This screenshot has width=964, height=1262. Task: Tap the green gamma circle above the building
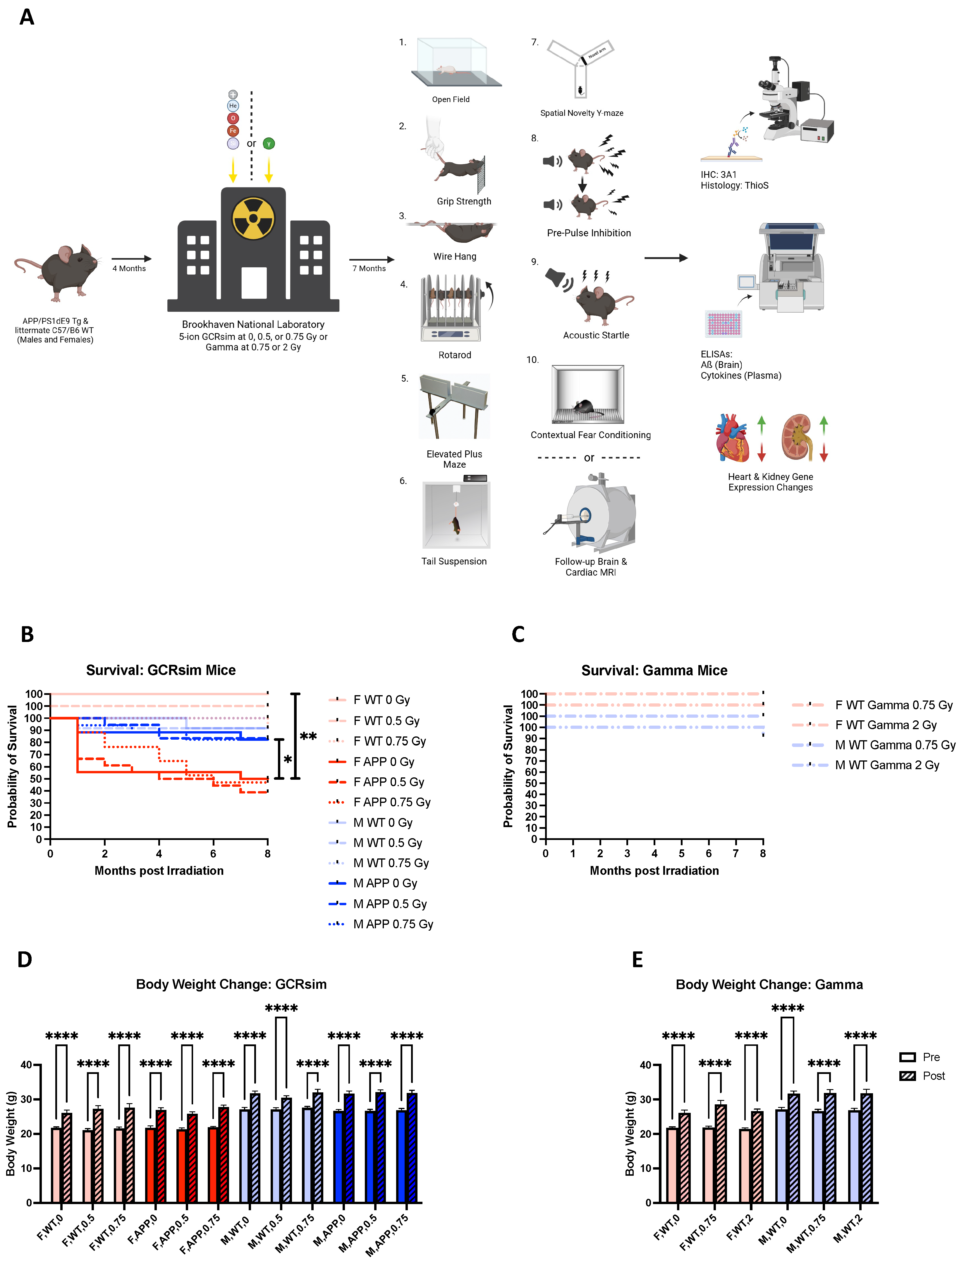coord(269,143)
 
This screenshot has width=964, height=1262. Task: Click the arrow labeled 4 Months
coord(131,259)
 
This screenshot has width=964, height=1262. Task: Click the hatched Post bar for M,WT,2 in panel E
coord(867,1147)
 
